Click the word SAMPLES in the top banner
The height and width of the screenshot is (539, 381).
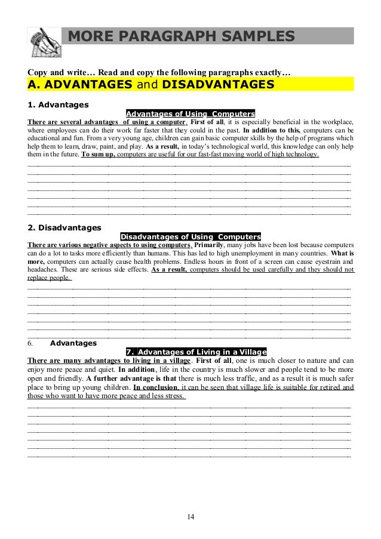254,38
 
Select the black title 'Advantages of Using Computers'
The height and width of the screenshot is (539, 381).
190,113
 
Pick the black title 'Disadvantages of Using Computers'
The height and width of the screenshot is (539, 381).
190,236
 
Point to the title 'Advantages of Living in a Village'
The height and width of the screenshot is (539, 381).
196,351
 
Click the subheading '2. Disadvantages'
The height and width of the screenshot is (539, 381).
64,227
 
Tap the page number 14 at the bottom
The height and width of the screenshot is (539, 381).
190,516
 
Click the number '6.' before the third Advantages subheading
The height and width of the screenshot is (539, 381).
32,343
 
